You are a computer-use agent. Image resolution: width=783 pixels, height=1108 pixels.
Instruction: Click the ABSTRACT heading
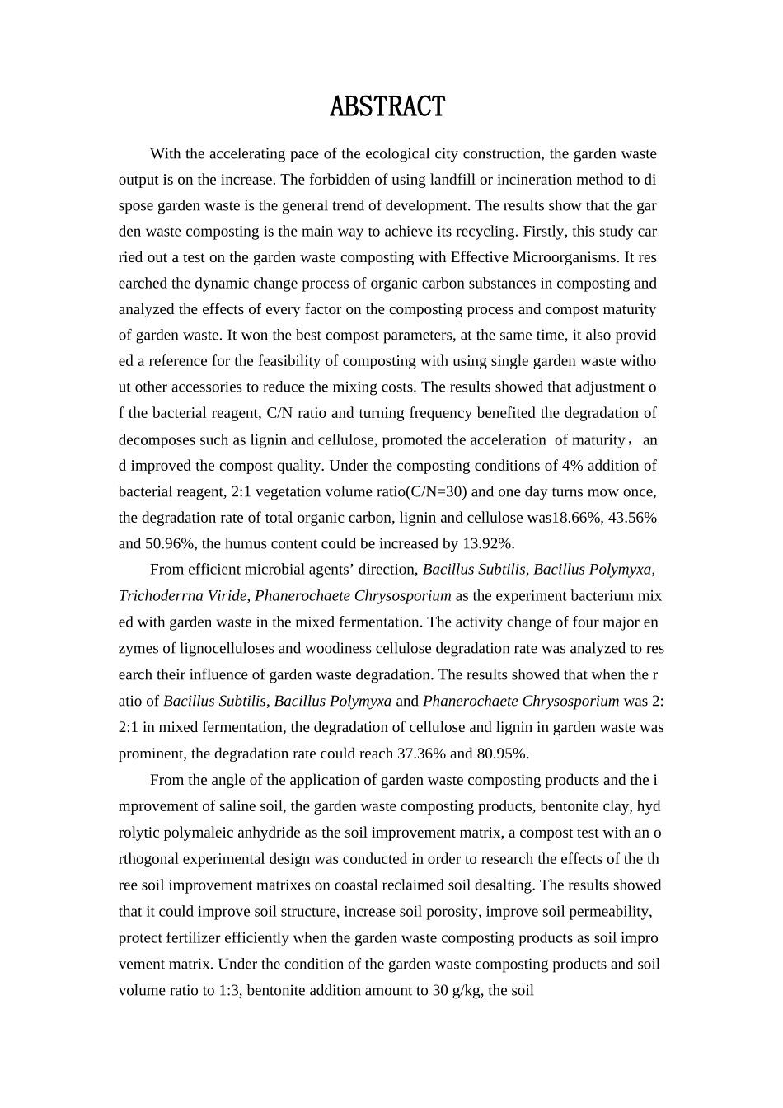387,107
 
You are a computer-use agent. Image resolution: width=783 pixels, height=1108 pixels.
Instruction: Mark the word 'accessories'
206,387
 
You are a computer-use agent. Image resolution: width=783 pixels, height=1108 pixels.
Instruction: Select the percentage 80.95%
503,754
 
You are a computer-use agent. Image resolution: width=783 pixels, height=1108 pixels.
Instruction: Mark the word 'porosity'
455,912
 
